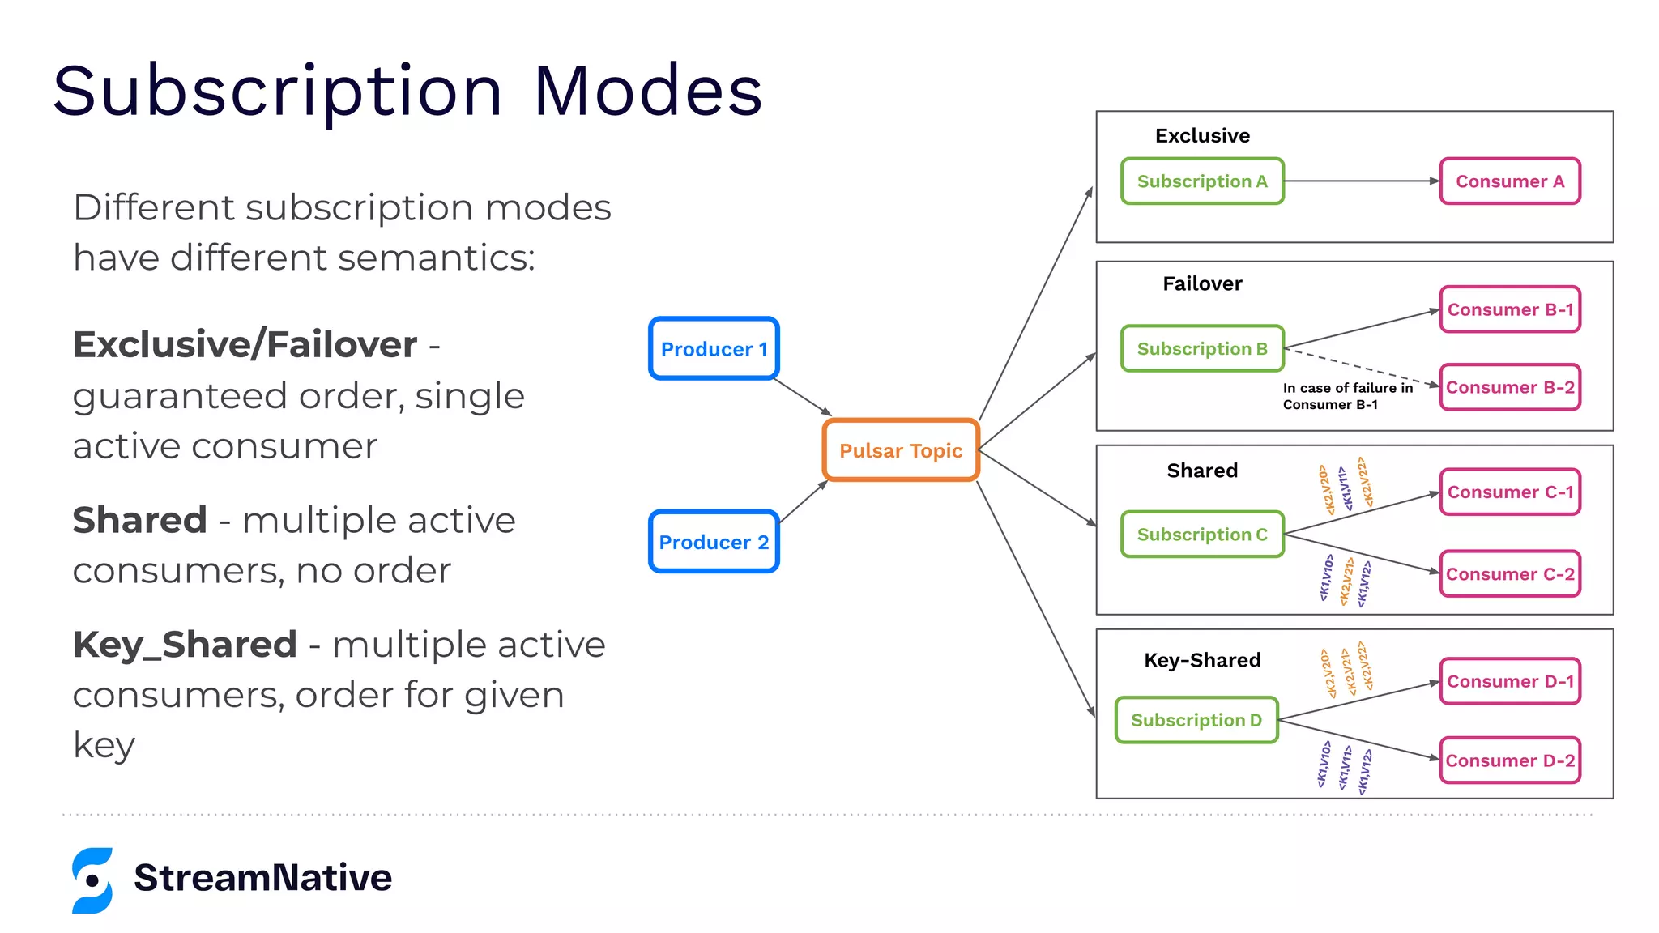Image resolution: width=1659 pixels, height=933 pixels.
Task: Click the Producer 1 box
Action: [714, 348]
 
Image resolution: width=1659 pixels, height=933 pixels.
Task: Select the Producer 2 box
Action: [714, 541]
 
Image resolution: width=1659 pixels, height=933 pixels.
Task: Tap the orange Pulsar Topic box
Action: [901, 450]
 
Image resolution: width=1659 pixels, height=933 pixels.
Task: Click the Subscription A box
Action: [1202, 181]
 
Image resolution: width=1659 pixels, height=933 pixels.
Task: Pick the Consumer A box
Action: [1510, 181]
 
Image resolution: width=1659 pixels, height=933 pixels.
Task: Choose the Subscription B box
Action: [1202, 348]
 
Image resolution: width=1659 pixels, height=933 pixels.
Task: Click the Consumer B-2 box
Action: [1510, 387]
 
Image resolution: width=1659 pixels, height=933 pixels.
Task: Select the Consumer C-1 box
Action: [1510, 492]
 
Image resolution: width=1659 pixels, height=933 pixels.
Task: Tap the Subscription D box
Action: [1196, 720]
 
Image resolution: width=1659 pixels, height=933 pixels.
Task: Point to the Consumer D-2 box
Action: [1510, 760]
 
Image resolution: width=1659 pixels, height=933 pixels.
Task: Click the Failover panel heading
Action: [1202, 283]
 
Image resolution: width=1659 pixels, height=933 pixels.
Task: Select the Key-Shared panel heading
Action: [1202, 660]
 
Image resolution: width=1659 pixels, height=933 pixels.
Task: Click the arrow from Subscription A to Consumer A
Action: [1361, 181]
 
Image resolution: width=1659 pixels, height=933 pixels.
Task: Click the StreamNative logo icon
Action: [92, 880]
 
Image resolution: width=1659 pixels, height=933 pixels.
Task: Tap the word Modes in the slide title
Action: [647, 91]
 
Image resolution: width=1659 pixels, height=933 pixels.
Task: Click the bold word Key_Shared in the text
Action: [185, 645]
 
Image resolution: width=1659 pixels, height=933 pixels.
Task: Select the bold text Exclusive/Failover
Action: [245, 345]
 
